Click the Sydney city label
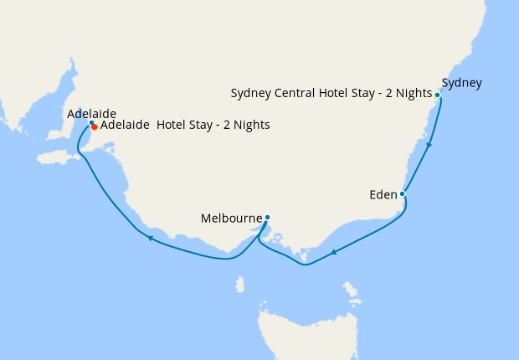[461, 83]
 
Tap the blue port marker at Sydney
[438, 95]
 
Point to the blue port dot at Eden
[403, 194]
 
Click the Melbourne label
[232, 219]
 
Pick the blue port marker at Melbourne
[267, 218]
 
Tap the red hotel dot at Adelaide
[95, 127]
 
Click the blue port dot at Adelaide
[91, 123]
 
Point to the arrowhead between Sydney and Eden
[429, 146]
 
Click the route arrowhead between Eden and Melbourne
[333, 252]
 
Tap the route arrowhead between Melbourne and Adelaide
[150, 239]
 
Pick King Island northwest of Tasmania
[240, 285]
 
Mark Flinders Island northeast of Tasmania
[352, 292]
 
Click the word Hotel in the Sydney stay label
[339, 93]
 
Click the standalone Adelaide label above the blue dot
[91, 114]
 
